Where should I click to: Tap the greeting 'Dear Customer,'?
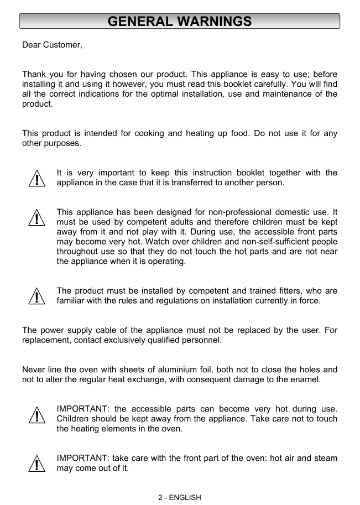pyautogui.click(x=52, y=45)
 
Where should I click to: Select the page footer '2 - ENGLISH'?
pyautogui.click(x=180, y=497)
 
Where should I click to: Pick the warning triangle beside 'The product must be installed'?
pyautogui.click(x=36, y=296)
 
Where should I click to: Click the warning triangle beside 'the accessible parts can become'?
pyautogui.click(x=36, y=414)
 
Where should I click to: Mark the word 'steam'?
pyautogui.click(x=325, y=459)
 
